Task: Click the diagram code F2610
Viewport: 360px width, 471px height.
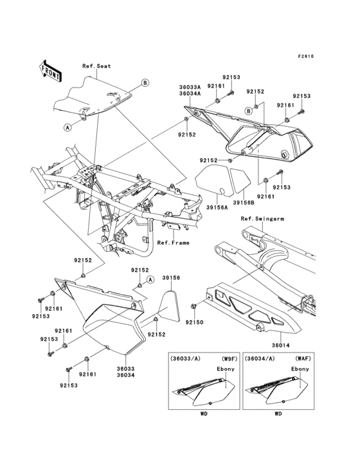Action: coord(305,56)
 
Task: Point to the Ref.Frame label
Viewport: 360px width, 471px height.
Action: coord(171,243)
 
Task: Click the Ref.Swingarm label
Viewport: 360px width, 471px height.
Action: coord(260,219)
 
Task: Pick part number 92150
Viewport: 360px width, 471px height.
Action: coord(195,321)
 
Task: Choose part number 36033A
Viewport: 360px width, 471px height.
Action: coord(190,84)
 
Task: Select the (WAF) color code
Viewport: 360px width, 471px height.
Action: coord(302,358)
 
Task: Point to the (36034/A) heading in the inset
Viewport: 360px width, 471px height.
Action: coord(261,358)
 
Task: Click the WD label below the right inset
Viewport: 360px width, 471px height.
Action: coord(278,415)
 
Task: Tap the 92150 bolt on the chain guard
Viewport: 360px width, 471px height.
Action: coord(193,305)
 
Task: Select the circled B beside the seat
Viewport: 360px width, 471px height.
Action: coord(145,83)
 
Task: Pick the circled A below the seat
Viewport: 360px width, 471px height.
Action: coord(67,127)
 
